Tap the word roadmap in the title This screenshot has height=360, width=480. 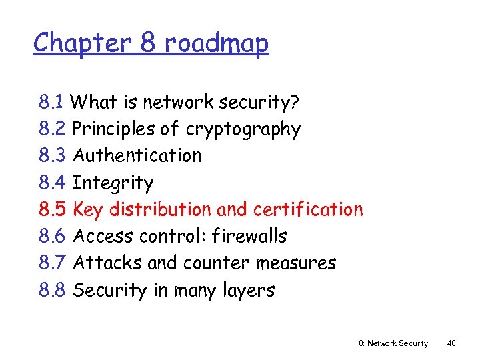[x=216, y=43]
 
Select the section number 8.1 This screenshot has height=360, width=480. [x=51, y=102]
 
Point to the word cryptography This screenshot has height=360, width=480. [x=243, y=129]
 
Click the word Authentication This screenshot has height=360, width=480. [x=137, y=155]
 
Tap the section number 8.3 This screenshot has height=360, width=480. [x=52, y=155]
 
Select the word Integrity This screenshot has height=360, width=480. [x=113, y=183]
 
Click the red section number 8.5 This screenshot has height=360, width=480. [x=52, y=209]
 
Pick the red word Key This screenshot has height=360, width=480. [x=88, y=209]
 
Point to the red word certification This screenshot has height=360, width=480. [x=308, y=209]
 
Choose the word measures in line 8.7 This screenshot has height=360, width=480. [x=296, y=263]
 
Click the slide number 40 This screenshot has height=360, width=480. [x=451, y=343]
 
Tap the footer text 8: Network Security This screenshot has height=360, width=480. [x=393, y=343]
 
